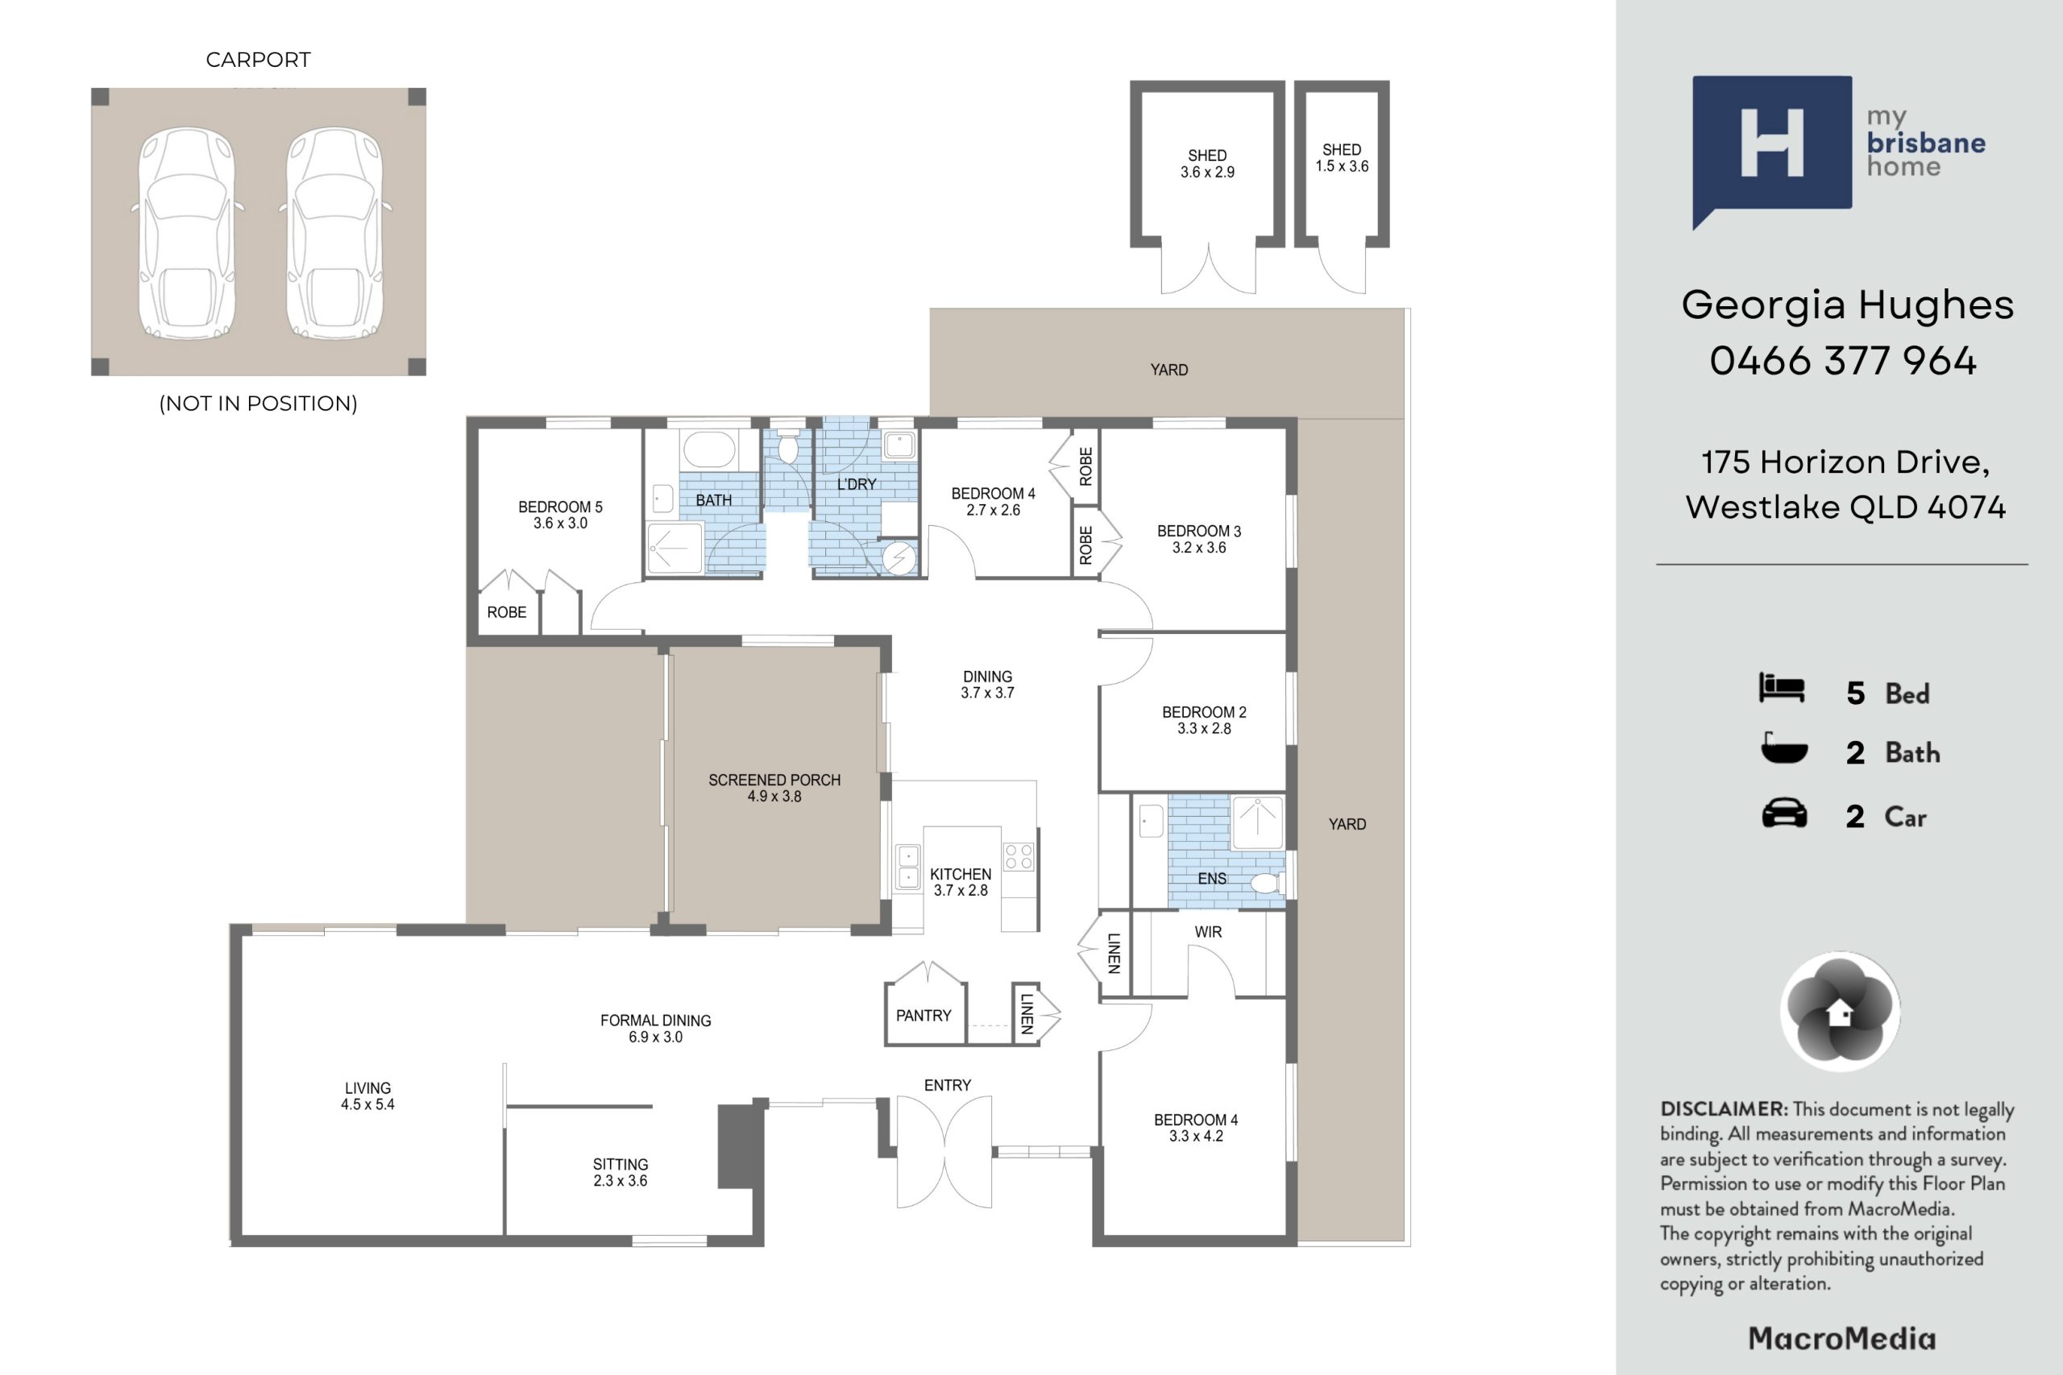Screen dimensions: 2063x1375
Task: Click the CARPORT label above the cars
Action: click(x=258, y=60)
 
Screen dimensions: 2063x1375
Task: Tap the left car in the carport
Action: click(x=187, y=234)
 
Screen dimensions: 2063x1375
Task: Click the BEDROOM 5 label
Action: click(x=561, y=507)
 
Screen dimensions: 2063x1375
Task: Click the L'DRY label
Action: click(x=856, y=484)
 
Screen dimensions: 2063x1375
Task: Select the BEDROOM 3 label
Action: click(x=1199, y=532)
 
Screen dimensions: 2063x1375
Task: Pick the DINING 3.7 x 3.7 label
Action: click(x=988, y=685)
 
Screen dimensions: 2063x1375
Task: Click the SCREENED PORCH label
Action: click(x=774, y=781)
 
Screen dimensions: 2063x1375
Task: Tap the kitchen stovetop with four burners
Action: click(x=1019, y=856)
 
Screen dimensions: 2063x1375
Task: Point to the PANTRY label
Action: click(x=924, y=1016)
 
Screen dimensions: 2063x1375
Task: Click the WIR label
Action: click(x=1208, y=932)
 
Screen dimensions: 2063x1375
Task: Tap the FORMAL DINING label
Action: click(x=656, y=1021)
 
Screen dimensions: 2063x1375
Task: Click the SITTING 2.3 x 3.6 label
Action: click(x=621, y=1173)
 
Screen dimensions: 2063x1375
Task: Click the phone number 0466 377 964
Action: click(x=1843, y=360)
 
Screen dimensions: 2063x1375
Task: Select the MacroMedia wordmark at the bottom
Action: click(x=1842, y=1339)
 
